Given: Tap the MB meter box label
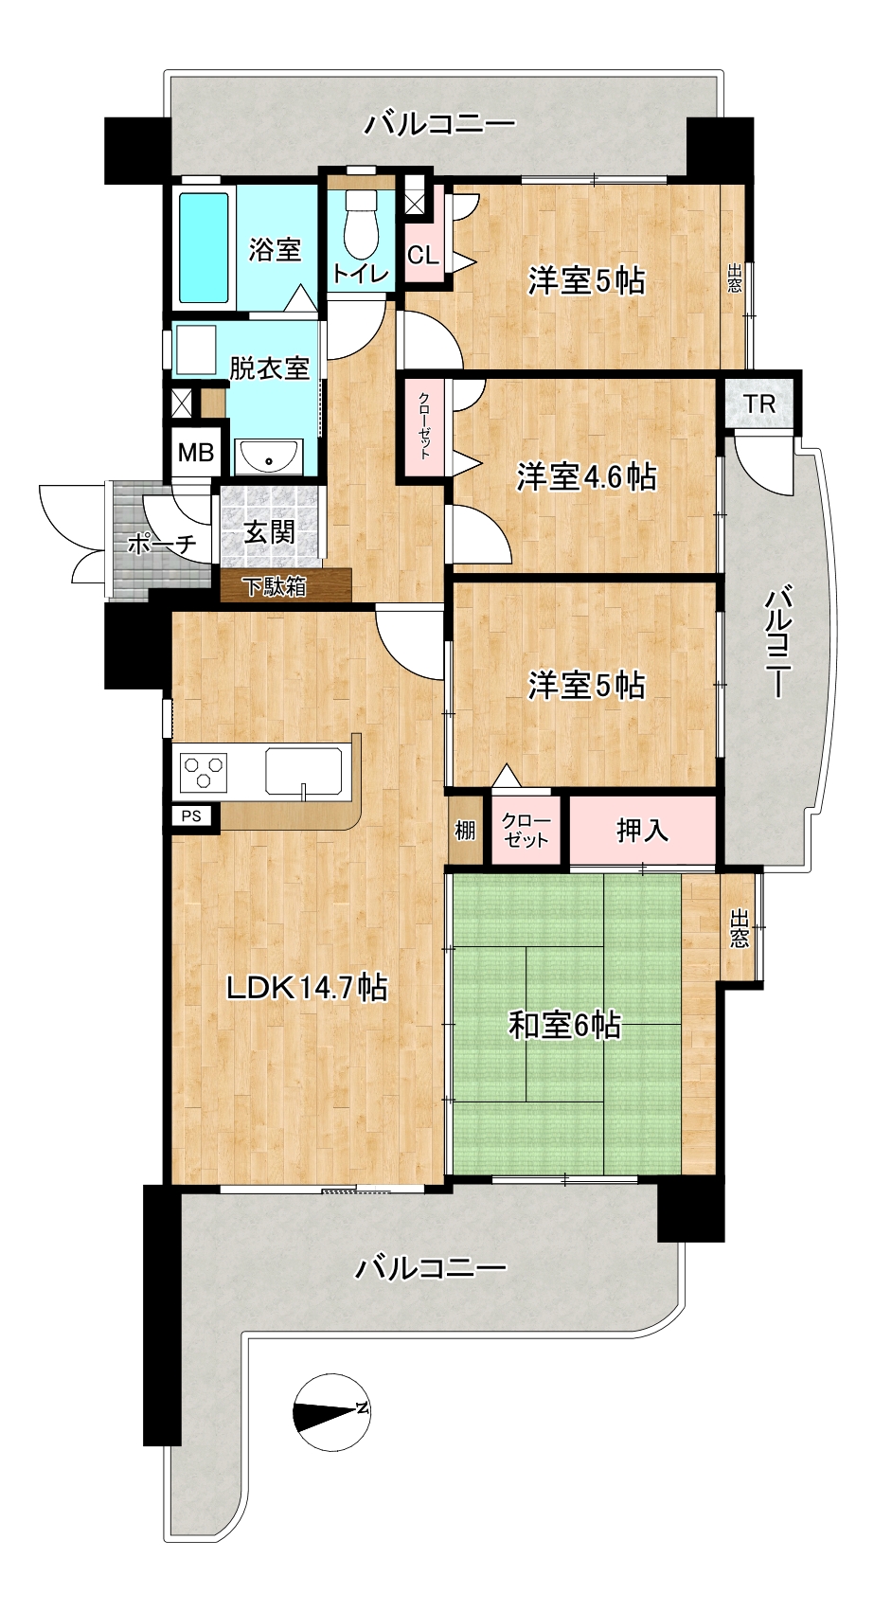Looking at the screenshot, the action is (196, 453).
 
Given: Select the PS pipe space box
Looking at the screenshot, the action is (191, 816).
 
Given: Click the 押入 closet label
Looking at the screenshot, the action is (642, 830).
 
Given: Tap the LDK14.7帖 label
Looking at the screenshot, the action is (307, 987).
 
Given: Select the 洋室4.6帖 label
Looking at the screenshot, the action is (586, 476).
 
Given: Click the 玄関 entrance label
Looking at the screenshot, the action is (269, 532).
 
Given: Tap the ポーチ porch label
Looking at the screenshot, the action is (163, 545).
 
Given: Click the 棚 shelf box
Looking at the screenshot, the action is (466, 831).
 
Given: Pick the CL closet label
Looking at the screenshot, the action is (423, 255).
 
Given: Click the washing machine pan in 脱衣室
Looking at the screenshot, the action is (195, 350).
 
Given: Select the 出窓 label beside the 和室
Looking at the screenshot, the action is (740, 928).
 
